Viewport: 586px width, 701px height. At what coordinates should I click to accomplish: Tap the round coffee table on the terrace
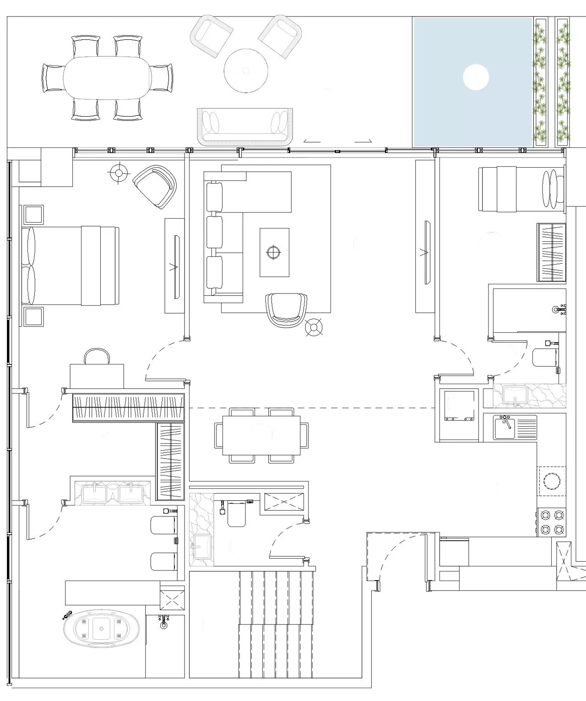click(x=246, y=71)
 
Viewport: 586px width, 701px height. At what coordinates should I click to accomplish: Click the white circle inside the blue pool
click(x=476, y=77)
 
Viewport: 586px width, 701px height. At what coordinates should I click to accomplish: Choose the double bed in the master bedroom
click(x=71, y=266)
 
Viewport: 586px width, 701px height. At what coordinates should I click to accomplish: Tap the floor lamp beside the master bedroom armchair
click(x=119, y=173)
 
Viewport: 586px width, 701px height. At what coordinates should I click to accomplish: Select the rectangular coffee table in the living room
click(x=274, y=252)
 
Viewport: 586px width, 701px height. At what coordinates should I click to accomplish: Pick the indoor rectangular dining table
click(x=261, y=435)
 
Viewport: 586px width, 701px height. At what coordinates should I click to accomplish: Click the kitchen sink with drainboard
click(x=515, y=427)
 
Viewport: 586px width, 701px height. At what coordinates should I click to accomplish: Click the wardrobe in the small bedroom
click(x=551, y=252)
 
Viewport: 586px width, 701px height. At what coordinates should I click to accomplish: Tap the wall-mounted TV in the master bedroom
click(x=175, y=266)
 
